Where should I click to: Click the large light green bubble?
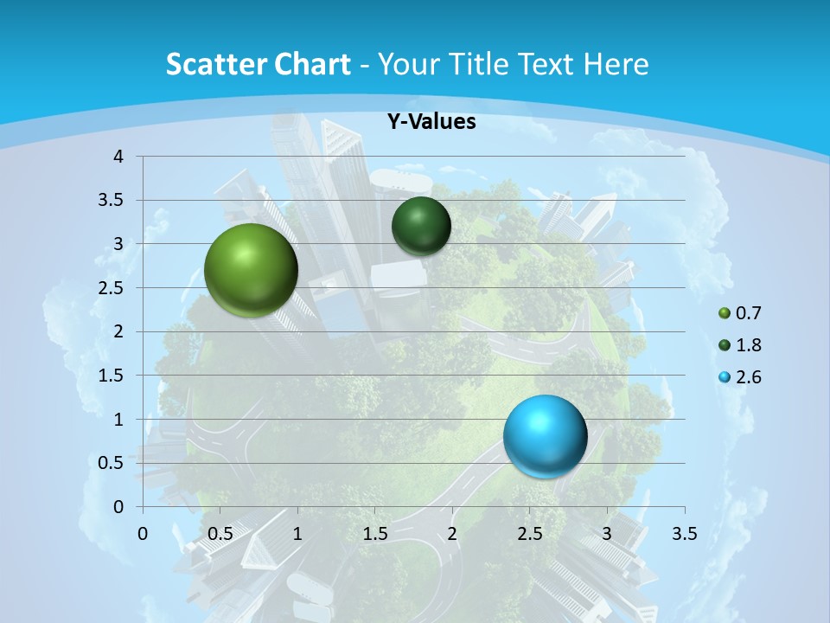(x=251, y=270)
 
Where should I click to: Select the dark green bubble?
(x=421, y=226)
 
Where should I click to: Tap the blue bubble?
(x=545, y=436)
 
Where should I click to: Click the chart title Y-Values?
(x=431, y=122)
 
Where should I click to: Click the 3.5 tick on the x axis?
(x=684, y=534)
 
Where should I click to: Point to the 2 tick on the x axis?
(x=452, y=534)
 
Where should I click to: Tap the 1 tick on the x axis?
(x=297, y=534)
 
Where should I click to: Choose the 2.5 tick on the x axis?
(x=529, y=534)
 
